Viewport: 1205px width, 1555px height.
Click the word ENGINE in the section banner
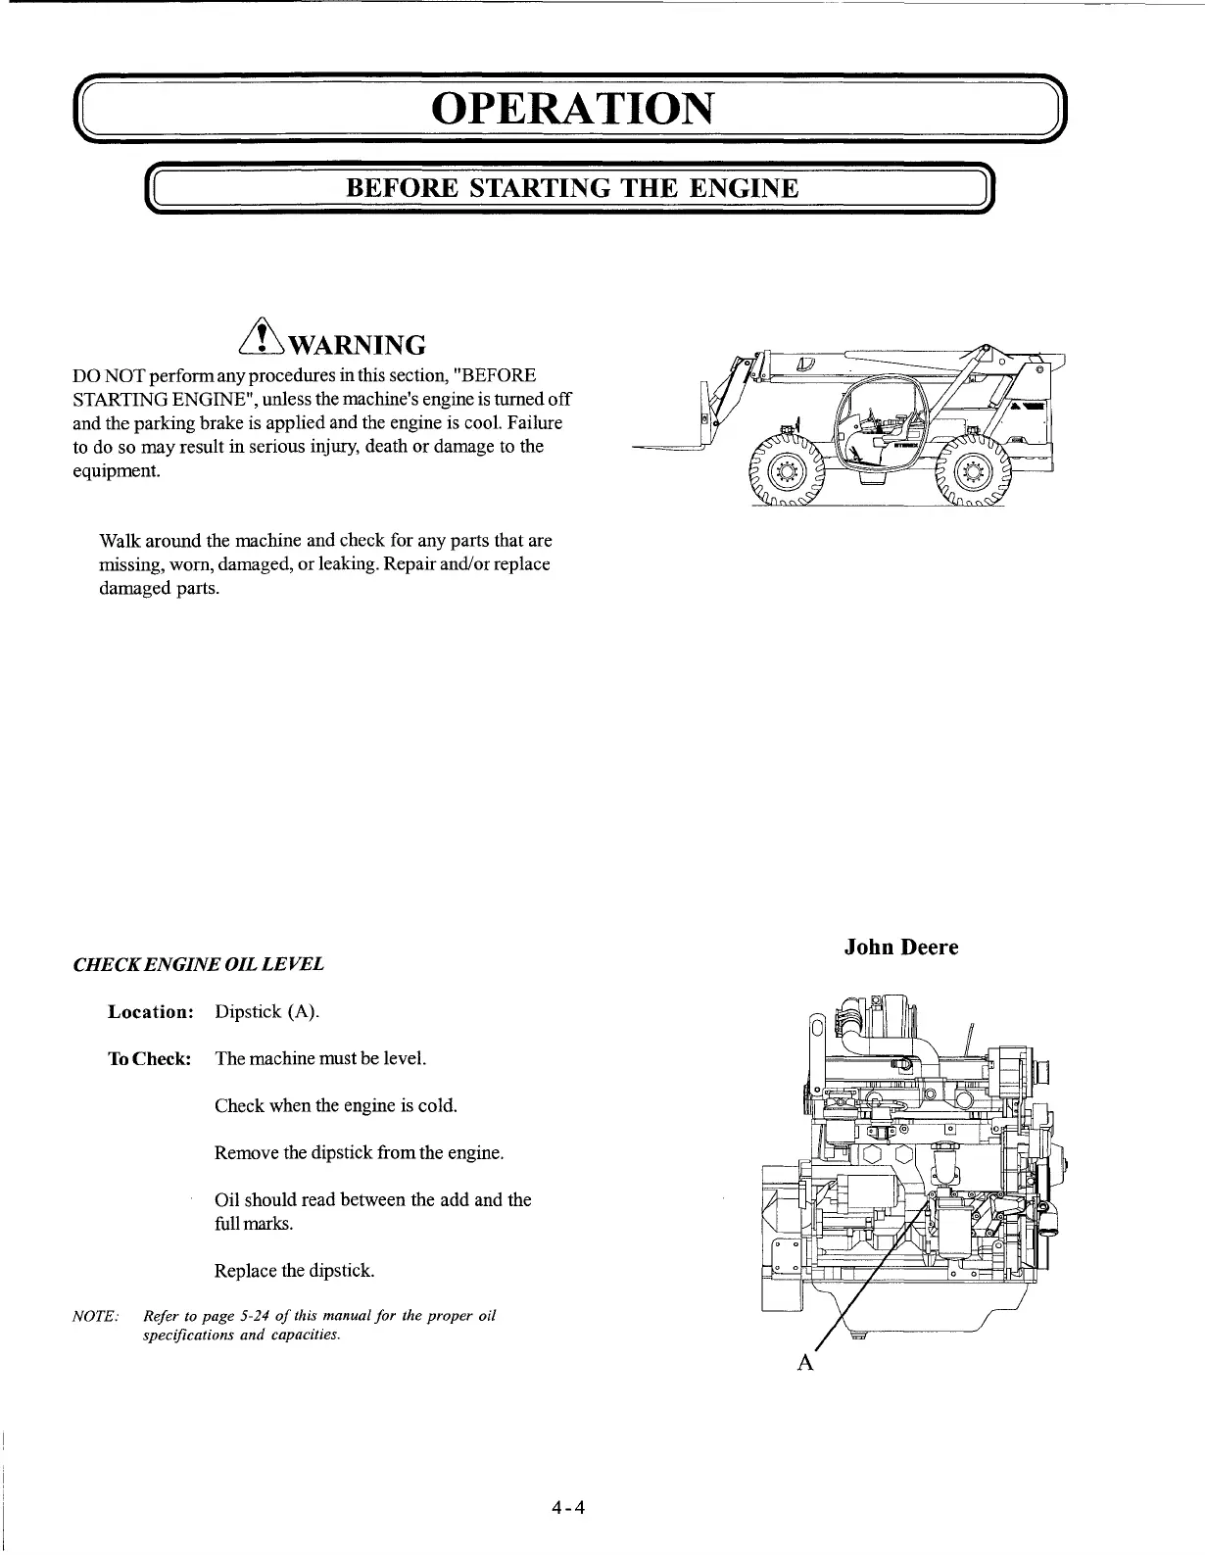tap(742, 188)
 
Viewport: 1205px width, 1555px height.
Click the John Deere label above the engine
tap(900, 948)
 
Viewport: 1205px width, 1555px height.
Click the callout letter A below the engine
tap(806, 1362)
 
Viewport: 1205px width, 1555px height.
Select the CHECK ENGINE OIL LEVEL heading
tap(199, 964)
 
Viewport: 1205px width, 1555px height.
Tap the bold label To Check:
tap(149, 1059)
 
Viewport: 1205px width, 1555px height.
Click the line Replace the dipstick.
tap(294, 1271)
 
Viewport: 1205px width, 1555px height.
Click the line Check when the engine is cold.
tap(336, 1105)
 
